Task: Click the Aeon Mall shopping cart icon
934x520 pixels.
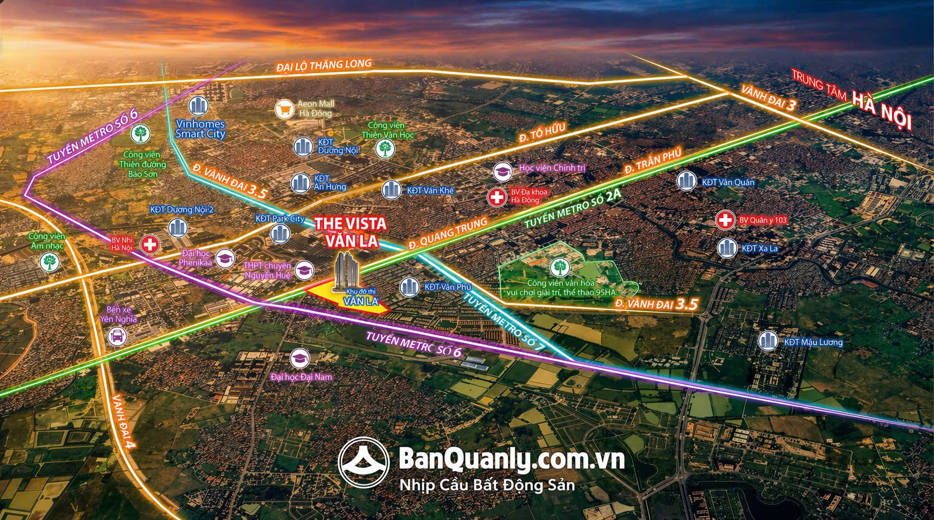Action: coord(285,108)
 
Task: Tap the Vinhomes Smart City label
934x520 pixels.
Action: coord(200,129)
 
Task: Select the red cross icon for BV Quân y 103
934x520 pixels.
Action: coord(725,220)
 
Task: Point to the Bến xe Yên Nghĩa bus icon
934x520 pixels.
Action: coord(117,336)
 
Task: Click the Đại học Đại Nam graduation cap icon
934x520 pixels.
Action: coord(300,358)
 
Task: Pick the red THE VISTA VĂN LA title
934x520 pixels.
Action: coord(350,232)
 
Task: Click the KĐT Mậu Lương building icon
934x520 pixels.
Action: coord(768,341)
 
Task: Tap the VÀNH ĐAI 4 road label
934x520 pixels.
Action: coord(123,421)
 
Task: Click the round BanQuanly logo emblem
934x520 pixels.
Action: coord(364,462)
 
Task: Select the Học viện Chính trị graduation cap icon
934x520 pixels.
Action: coord(503,171)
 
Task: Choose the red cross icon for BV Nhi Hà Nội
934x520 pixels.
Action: coord(150,244)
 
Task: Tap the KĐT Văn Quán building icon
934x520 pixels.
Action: coord(687,181)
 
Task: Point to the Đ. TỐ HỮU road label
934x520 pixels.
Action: coord(542,133)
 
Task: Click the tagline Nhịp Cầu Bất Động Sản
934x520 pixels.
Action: coord(487,485)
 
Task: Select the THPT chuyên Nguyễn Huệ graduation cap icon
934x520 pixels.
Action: coord(304,270)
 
